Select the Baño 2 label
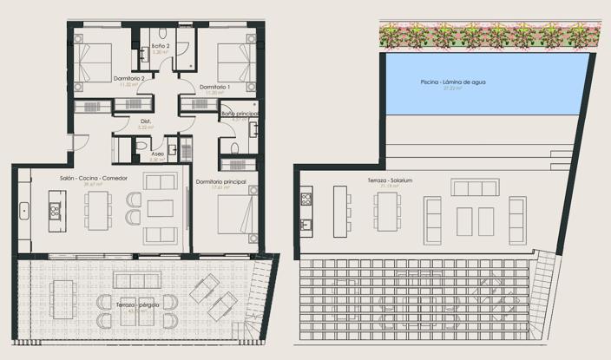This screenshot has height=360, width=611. tap(160, 45)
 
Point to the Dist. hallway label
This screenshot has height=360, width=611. tap(146, 121)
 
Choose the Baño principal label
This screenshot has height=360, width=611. tap(239, 114)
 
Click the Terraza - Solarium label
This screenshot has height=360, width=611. tap(389, 180)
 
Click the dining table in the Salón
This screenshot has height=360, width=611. tap(98, 210)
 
